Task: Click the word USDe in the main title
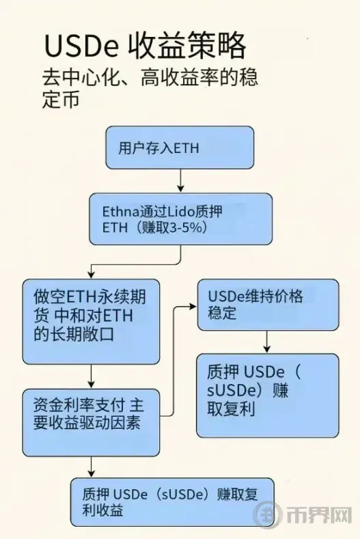click(81, 46)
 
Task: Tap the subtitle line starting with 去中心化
click(150, 78)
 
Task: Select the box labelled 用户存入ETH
click(180, 148)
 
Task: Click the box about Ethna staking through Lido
click(181, 219)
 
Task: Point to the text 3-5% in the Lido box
click(186, 227)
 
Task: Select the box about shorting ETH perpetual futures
click(91, 321)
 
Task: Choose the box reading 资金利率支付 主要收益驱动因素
click(91, 422)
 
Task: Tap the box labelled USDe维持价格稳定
click(268, 305)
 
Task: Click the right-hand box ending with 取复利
click(268, 396)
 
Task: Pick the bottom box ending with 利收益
click(173, 502)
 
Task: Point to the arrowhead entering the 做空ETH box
click(91, 275)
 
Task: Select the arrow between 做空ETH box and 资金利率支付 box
click(91, 376)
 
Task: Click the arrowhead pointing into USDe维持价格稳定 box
click(193, 306)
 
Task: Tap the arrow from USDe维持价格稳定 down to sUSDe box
click(267, 342)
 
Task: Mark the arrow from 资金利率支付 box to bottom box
click(91, 467)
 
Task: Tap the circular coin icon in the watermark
click(267, 515)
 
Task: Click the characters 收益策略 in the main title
click(187, 46)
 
